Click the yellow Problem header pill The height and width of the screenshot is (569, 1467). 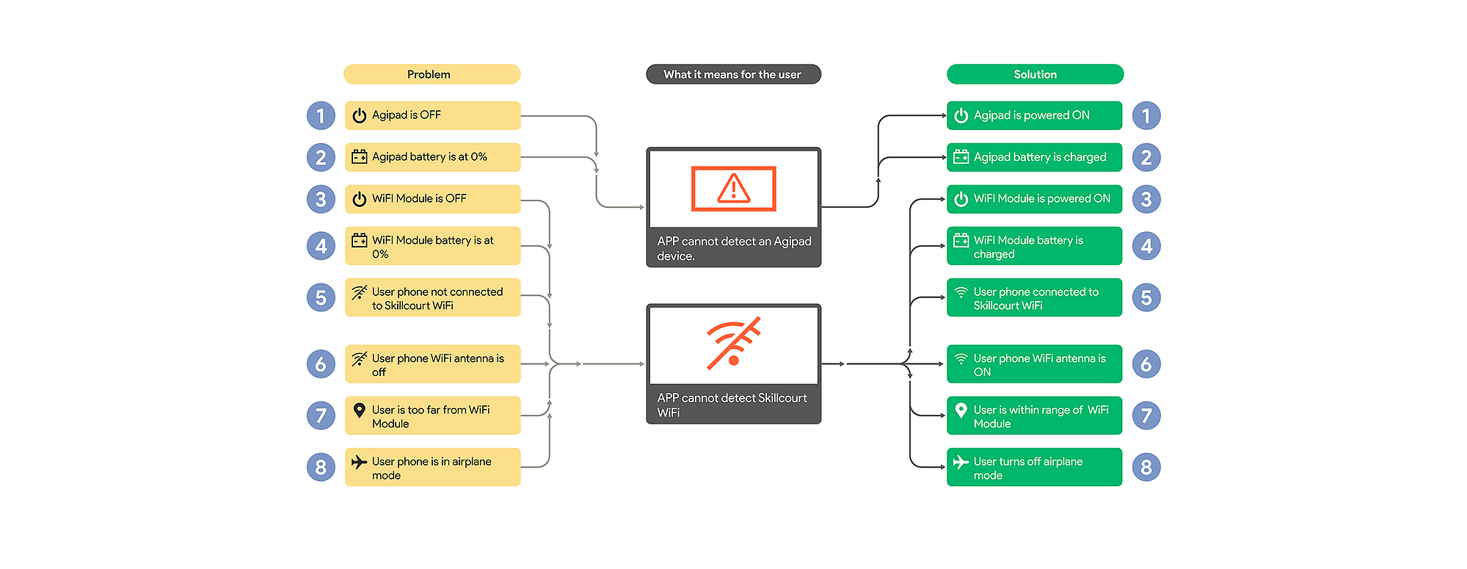pyautogui.click(x=432, y=74)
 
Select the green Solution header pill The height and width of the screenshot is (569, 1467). pyautogui.click(x=1035, y=74)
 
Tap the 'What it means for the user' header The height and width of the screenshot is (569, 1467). pyautogui.click(x=733, y=74)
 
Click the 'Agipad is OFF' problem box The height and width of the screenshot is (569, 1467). pyautogui.click(x=432, y=115)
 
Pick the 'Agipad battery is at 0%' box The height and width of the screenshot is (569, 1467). pyautogui.click(x=432, y=157)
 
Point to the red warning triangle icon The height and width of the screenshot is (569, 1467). pyautogui.click(x=734, y=188)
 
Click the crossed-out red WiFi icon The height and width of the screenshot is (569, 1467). pyautogui.click(x=733, y=343)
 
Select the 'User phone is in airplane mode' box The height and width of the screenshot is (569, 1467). pyautogui.click(x=432, y=467)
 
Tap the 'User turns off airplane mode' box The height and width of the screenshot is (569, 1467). pyautogui.click(x=1034, y=467)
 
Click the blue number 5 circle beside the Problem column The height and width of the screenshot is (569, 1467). pyautogui.click(x=321, y=297)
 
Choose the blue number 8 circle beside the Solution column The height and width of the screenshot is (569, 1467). pyautogui.click(x=1146, y=467)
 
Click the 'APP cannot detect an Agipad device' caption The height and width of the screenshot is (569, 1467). pyautogui.click(x=734, y=248)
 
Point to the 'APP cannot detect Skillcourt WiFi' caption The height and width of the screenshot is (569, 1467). pyautogui.click(x=732, y=405)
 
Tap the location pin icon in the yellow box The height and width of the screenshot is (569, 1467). pyautogui.click(x=359, y=410)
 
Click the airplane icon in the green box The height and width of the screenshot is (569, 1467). pyautogui.click(x=961, y=462)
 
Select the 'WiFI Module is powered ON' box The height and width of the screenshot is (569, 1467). pyautogui.click(x=1034, y=199)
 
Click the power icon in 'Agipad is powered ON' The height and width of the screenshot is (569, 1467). pyautogui.click(x=961, y=115)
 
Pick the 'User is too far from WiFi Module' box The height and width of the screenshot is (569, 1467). pyautogui.click(x=432, y=416)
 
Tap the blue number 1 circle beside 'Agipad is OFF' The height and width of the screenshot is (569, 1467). pyautogui.click(x=321, y=115)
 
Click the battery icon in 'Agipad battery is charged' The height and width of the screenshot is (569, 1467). pyautogui.click(x=961, y=156)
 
